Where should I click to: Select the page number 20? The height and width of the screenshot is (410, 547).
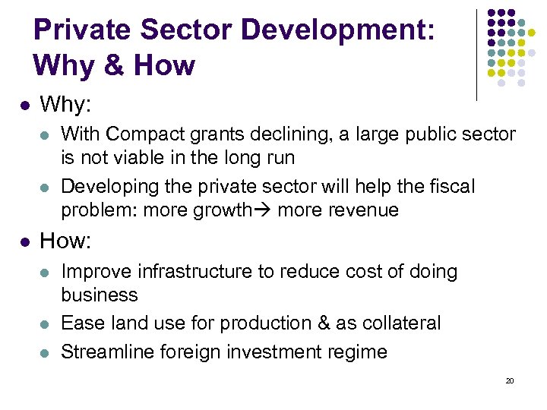[509, 380]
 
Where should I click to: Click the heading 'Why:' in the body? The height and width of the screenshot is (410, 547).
[65, 103]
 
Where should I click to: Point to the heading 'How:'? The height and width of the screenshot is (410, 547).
[65, 241]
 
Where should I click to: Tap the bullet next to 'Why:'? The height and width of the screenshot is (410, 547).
[24, 104]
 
